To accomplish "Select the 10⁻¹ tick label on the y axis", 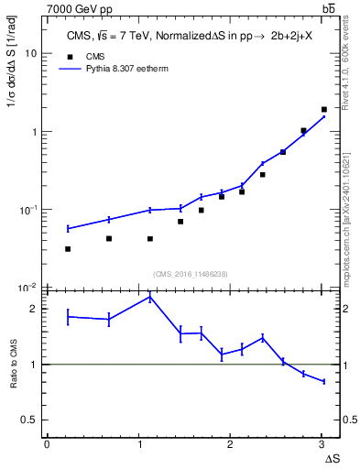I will [x=30, y=210].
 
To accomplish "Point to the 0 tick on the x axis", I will [x=47, y=444].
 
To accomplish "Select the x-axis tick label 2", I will [x=229, y=444].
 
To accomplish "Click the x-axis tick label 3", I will [x=321, y=444].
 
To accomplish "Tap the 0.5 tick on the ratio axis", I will [x=30, y=420].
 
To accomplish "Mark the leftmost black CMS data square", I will [x=68, y=249].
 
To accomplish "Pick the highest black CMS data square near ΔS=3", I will [x=324, y=109].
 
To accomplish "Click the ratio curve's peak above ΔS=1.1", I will [x=150, y=297].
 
